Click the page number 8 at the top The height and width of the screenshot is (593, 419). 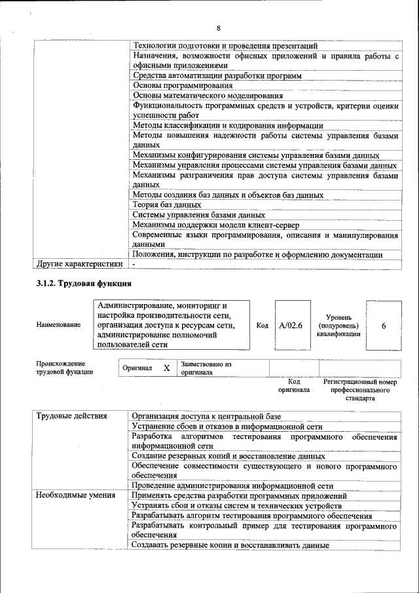[x=218, y=28]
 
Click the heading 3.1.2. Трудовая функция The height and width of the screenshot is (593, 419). [x=84, y=284]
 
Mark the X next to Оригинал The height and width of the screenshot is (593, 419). [x=167, y=368]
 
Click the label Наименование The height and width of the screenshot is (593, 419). [x=59, y=325]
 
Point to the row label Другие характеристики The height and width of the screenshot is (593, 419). [x=79, y=264]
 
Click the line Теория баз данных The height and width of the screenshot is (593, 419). [x=166, y=205]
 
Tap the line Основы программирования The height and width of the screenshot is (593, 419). [x=183, y=86]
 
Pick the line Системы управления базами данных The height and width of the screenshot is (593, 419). [x=198, y=215]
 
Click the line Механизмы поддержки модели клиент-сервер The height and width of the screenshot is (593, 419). [x=216, y=225]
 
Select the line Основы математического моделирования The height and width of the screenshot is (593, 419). [x=198, y=96]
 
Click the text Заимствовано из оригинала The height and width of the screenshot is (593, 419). [x=206, y=368]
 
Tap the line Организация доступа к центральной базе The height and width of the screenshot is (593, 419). [x=206, y=416]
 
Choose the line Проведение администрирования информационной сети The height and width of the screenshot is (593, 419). [x=232, y=486]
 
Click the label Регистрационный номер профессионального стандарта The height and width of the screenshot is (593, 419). [x=360, y=390]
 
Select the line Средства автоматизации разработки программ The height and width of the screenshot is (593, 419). [x=217, y=76]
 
